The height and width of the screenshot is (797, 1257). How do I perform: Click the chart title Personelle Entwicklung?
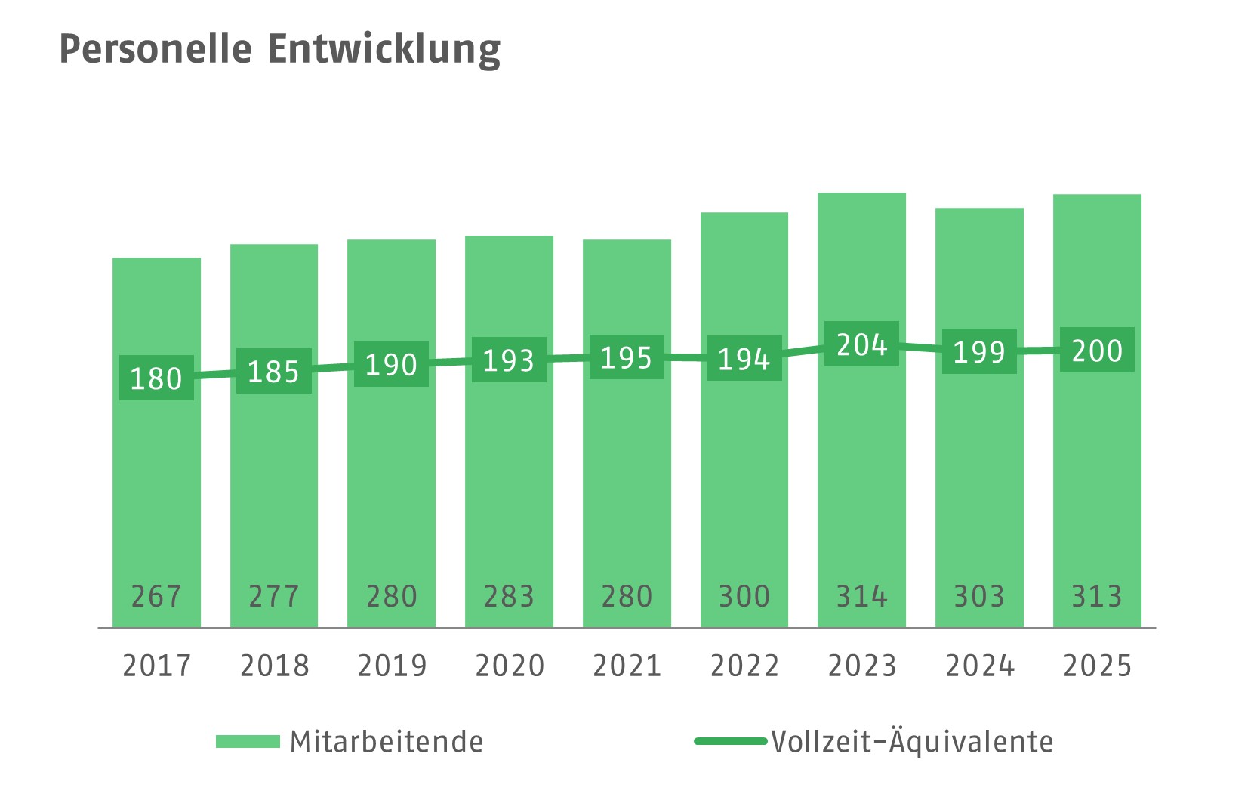pos(279,50)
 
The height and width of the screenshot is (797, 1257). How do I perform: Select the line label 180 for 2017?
pos(156,378)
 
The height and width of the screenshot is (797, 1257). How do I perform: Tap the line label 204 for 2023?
pos(861,344)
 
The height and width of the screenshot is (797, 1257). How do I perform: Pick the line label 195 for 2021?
pos(626,357)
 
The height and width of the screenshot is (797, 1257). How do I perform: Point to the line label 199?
pos(979,351)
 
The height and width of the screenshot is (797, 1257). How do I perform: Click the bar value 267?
pos(156,596)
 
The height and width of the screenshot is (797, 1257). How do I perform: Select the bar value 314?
pos(861,596)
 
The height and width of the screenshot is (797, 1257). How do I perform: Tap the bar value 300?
pos(744,596)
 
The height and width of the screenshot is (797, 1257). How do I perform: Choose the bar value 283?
pos(509,596)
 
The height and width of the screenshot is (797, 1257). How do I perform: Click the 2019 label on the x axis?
pos(392,666)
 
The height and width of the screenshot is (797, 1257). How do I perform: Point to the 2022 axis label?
pos(744,666)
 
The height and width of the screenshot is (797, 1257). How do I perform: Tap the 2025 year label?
pos(1097,666)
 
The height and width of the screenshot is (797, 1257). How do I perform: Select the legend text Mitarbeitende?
pos(387,742)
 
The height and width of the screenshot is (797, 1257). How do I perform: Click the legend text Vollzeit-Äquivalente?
pos(912,742)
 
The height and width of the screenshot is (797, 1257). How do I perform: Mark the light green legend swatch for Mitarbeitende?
pos(248,742)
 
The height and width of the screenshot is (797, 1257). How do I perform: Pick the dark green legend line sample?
pos(730,742)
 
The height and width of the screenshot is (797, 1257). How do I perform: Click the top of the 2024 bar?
pos(979,210)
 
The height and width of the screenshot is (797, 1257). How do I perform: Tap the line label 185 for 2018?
pos(273,371)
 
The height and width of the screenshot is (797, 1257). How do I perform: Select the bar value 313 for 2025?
pos(1097,596)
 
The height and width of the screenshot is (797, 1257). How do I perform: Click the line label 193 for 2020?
pos(509,360)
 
